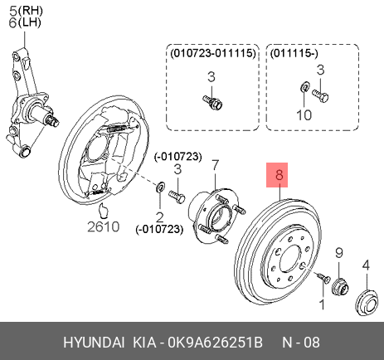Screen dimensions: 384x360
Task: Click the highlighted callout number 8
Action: click(x=279, y=175)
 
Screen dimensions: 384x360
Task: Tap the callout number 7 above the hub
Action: click(x=215, y=166)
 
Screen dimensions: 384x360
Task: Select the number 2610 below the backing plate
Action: click(x=104, y=226)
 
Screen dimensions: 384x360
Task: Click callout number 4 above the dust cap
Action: click(x=366, y=265)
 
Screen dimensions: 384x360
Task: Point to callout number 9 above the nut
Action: click(x=339, y=253)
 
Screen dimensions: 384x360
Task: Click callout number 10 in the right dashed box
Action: click(x=304, y=114)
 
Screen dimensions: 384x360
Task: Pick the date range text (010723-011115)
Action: click(x=213, y=53)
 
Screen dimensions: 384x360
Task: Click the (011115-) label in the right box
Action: click(x=294, y=53)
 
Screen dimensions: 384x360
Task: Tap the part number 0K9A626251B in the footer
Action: click(x=216, y=343)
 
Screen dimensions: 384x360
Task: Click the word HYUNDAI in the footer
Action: click(x=94, y=343)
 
